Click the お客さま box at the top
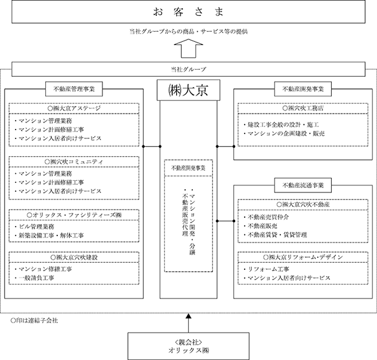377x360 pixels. point(188,12)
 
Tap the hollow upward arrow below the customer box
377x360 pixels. point(188,48)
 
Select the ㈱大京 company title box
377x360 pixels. point(188,90)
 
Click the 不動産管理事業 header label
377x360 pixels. point(74,89)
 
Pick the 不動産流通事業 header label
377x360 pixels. point(303,185)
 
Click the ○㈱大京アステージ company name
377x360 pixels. point(74,109)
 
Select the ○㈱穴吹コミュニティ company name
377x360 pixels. point(74,162)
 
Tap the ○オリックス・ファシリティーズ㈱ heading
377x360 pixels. point(74,215)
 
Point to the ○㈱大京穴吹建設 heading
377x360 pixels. point(74,257)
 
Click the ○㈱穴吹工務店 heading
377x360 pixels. point(303,109)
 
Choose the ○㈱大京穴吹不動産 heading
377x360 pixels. point(303,204)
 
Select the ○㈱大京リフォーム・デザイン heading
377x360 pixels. point(303,257)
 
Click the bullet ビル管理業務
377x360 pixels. point(34,227)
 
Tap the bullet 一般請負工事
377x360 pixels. point(34,278)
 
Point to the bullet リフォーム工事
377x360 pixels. point(266,269)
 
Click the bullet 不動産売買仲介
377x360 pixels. point(266,217)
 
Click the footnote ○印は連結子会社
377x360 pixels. point(34,321)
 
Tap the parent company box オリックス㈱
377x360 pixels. point(188,346)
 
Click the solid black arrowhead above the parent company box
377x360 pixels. point(188,316)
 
